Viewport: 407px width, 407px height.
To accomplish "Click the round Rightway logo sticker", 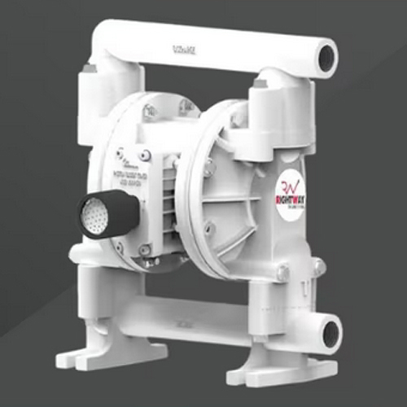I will (x=294, y=195).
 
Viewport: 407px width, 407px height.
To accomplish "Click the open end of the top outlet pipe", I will (x=326, y=58).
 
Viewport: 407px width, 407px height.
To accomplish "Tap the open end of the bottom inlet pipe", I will (x=330, y=333).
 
